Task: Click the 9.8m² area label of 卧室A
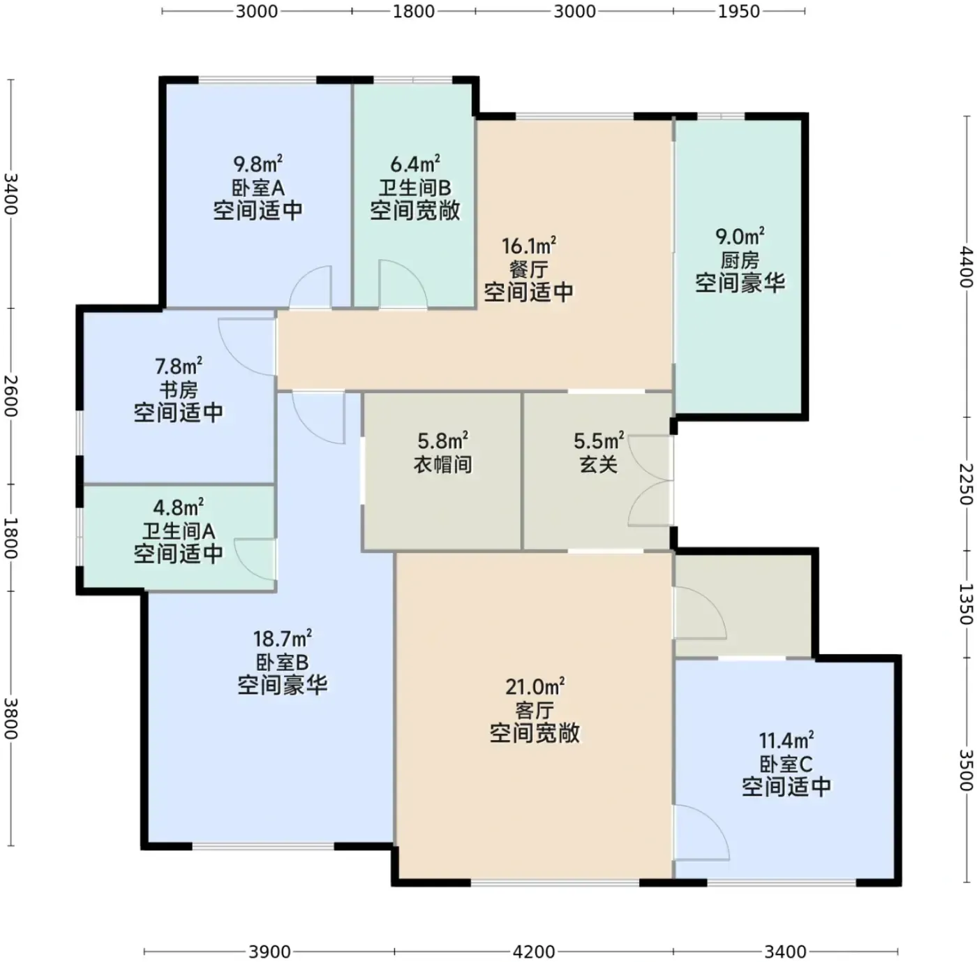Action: [x=258, y=164]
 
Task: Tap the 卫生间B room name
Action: [x=415, y=188]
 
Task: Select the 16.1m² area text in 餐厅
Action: [x=528, y=246]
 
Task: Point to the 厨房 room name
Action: [x=740, y=260]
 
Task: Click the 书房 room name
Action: [x=179, y=390]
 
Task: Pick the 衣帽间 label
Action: [x=442, y=464]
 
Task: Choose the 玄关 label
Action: [x=598, y=464]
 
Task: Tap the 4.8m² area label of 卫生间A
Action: [x=179, y=507]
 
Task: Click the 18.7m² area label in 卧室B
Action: [x=283, y=639]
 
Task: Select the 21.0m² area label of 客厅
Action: [x=535, y=687]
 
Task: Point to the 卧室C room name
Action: [x=786, y=764]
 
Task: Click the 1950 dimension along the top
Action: [x=739, y=11]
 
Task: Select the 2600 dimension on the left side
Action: [x=10, y=396]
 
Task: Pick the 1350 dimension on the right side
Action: [x=967, y=604]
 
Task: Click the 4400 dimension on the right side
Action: [x=967, y=267]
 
